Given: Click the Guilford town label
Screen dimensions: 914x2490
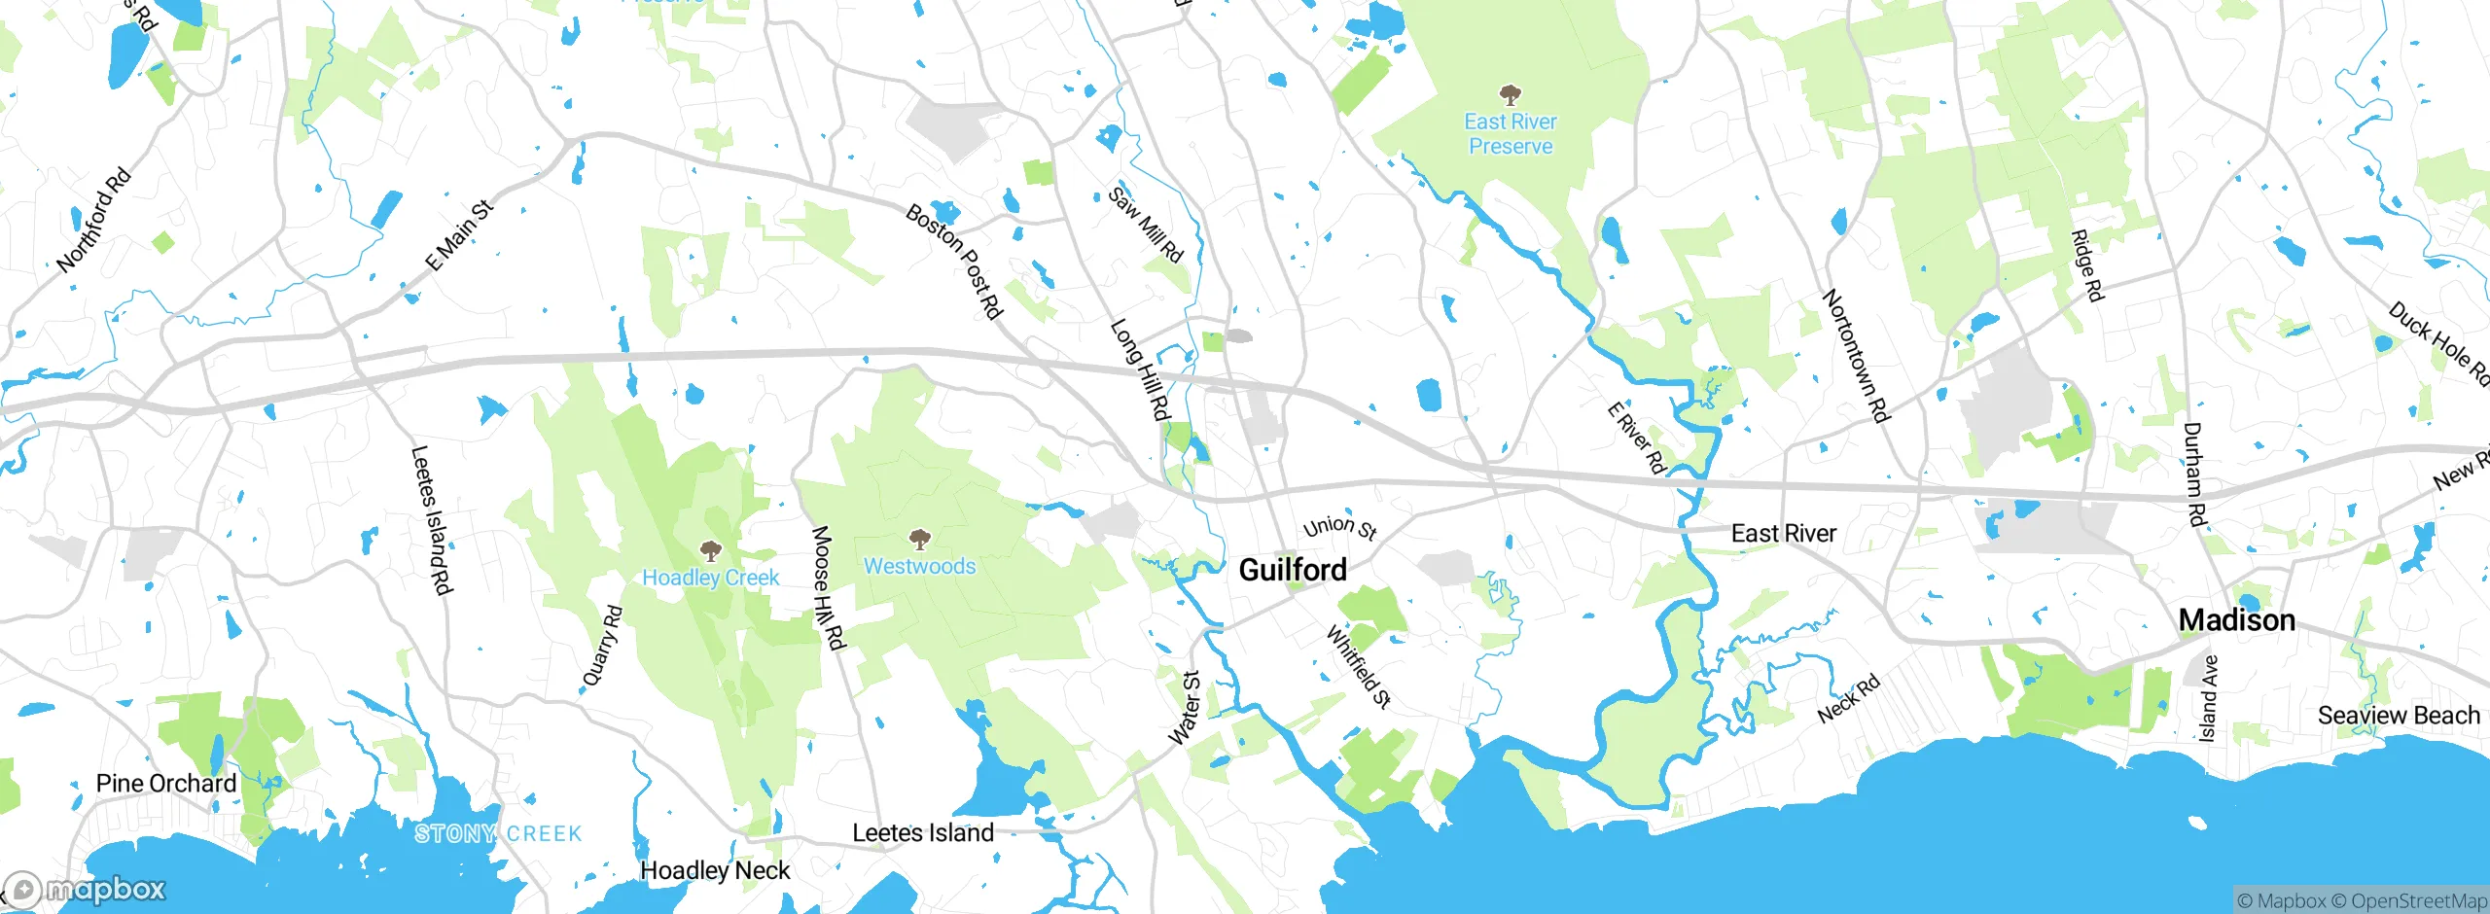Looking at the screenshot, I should click(x=1293, y=570).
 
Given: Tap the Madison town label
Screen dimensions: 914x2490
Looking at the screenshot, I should click(x=2236, y=620).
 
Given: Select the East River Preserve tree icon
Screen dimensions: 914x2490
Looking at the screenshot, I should click(x=1510, y=95).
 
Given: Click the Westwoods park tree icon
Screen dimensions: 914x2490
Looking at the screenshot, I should click(x=919, y=539).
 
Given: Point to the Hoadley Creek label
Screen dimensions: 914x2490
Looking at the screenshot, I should click(x=710, y=578).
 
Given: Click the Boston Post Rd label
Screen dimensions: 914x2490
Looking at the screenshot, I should click(x=953, y=261).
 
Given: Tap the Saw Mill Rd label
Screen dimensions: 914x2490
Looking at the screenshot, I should click(x=1145, y=226).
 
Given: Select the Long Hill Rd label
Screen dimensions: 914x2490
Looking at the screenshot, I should click(x=1139, y=369).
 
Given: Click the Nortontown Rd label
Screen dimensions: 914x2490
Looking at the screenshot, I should click(x=1856, y=356).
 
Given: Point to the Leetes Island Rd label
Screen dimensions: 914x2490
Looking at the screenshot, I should click(x=432, y=520).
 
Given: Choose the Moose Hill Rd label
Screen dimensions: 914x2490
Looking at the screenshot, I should click(x=829, y=587).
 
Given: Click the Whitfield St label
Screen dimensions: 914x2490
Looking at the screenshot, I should click(x=1359, y=667).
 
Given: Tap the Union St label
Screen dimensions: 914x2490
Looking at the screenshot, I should click(x=1339, y=527).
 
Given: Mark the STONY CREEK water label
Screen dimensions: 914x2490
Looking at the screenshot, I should click(x=498, y=833).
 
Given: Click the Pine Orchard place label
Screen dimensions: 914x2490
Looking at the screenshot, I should click(x=166, y=784).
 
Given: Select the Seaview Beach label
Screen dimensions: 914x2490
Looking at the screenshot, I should click(x=2399, y=716).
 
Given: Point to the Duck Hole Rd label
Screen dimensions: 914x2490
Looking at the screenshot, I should click(x=2438, y=344).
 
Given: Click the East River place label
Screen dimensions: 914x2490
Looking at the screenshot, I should click(x=1783, y=534).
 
